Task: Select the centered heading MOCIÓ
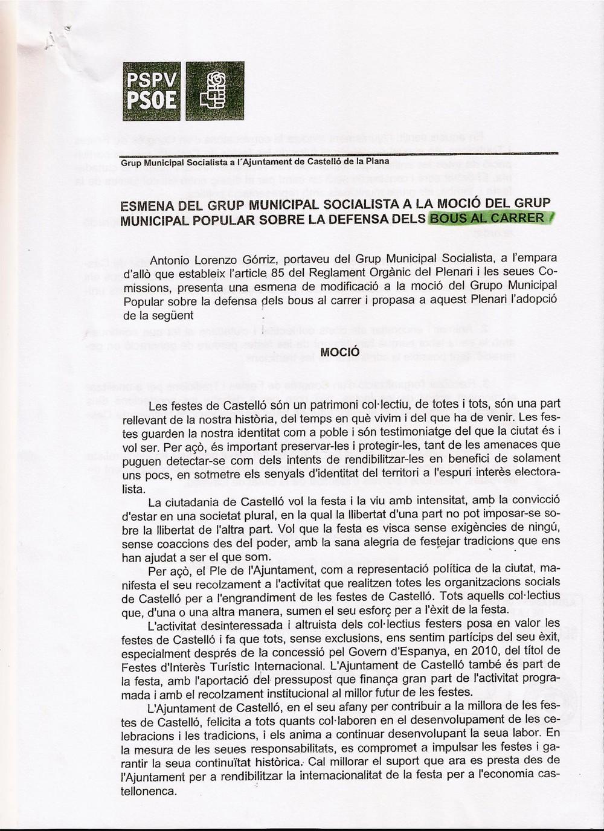click(x=339, y=351)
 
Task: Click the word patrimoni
click(x=332, y=403)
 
